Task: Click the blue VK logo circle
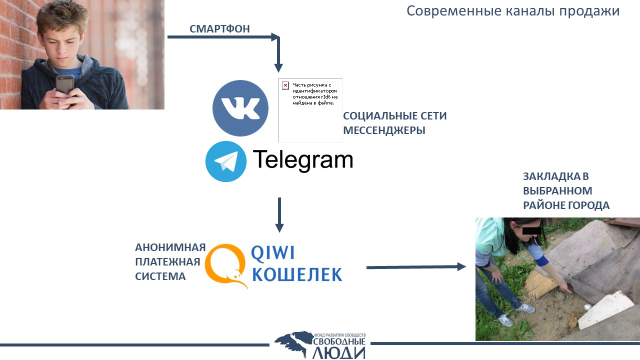240,108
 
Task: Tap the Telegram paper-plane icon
225,161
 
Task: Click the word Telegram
303,160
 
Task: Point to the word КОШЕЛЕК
297,274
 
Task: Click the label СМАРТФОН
219,29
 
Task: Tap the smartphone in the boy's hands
65,85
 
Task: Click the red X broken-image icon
285,85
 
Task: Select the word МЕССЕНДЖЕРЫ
384,130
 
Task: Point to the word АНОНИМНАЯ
170,247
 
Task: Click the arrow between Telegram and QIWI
279,215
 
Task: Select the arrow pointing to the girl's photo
416,267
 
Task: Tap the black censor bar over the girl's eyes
532,230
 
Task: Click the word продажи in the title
589,11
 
